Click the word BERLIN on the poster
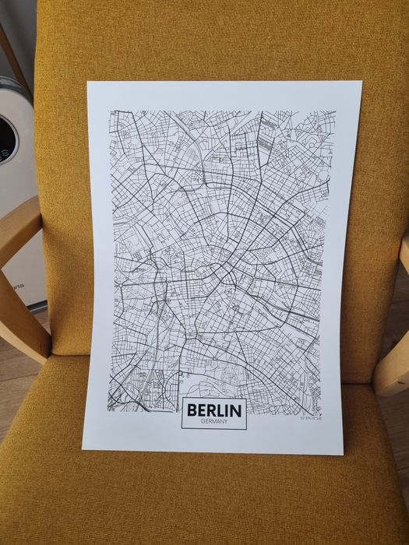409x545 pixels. [214, 410]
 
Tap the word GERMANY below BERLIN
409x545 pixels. [213, 422]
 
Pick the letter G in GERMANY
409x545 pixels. [203, 422]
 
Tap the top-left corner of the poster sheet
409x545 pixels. [88, 81]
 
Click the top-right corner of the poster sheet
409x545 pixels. [361, 82]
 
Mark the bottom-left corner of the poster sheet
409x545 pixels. [83, 448]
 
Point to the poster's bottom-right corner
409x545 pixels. [342, 454]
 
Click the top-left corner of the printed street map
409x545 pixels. [110, 111]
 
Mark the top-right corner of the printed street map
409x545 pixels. [336, 111]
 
